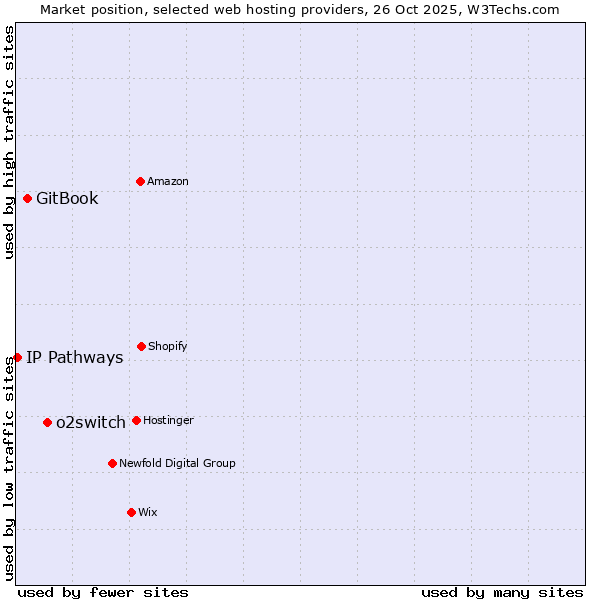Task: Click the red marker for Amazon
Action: tap(140, 181)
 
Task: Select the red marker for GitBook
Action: tap(27, 198)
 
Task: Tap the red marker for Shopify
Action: tap(141, 346)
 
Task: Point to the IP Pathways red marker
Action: tap(17, 357)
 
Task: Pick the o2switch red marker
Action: tap(47, 422)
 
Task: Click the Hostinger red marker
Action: tap(136, 420)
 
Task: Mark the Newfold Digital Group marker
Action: tap(112, 463)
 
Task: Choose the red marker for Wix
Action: tap(131, 512)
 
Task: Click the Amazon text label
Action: tap(168, 182)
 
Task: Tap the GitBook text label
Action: tap(67, 198)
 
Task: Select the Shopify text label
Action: tap(168, 347)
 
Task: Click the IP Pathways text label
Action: tap(75, 358)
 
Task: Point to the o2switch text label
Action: tap(91, 423)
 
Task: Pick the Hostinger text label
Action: tap(168, 421)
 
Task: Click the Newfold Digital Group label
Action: tap(177, 464)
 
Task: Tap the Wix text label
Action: tap(148, 513)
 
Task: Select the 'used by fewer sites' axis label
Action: tap(103, 592)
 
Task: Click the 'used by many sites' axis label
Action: tap(502, 592)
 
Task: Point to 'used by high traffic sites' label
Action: tap(10, 142)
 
